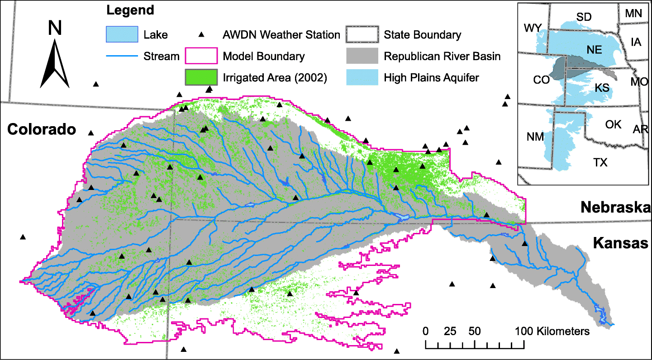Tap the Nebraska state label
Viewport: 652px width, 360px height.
click(x=615, y=208)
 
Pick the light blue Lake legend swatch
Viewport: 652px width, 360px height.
click(x=121, y=34)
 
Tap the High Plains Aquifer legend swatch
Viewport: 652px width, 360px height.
click(x=362, y=78)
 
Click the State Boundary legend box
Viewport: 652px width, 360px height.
click(x=362, y=34)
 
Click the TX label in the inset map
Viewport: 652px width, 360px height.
click(x=601, y=162)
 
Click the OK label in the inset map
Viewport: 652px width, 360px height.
click(x=614, y=124)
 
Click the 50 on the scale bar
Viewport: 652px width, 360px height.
click(x=474, y=331)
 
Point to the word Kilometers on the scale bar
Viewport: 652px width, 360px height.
click(x=563, y=331)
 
